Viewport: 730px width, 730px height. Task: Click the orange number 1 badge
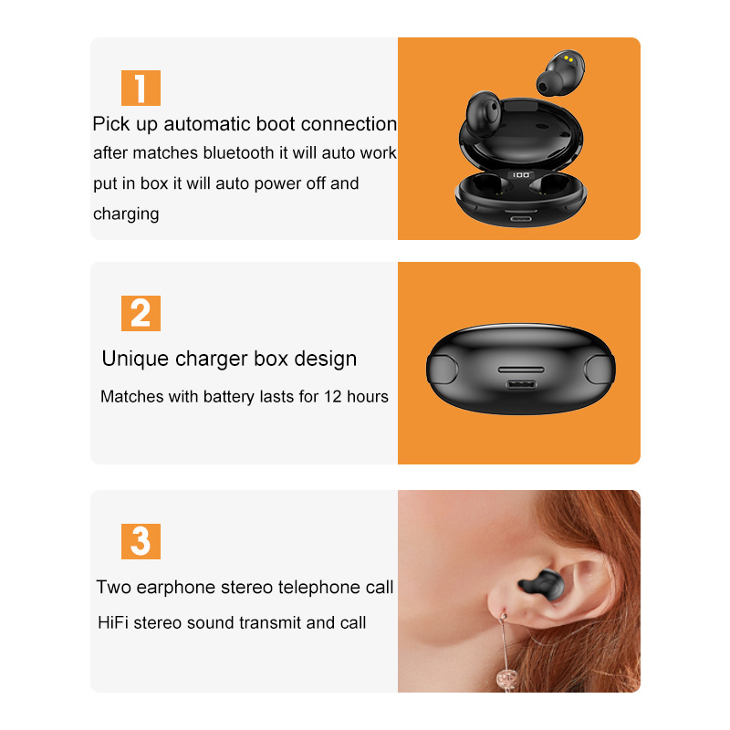[141, 88]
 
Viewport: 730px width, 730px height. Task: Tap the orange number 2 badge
[141, 313]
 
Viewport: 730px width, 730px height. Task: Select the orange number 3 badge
[141, 541]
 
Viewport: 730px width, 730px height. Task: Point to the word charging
[126, 214]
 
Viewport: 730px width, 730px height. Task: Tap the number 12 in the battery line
[333, 397]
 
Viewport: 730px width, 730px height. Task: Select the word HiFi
[112, 623]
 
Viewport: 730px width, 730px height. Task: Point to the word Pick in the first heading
[110, 124]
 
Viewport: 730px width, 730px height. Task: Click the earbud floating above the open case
[560, 73]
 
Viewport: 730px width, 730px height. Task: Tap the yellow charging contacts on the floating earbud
[568, 59]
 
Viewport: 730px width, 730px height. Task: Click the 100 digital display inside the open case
[521, 175]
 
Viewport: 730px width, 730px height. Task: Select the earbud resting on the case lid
[484, 113]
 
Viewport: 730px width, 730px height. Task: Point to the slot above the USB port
[521, 370]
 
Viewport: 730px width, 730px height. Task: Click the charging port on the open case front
[521, 218]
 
